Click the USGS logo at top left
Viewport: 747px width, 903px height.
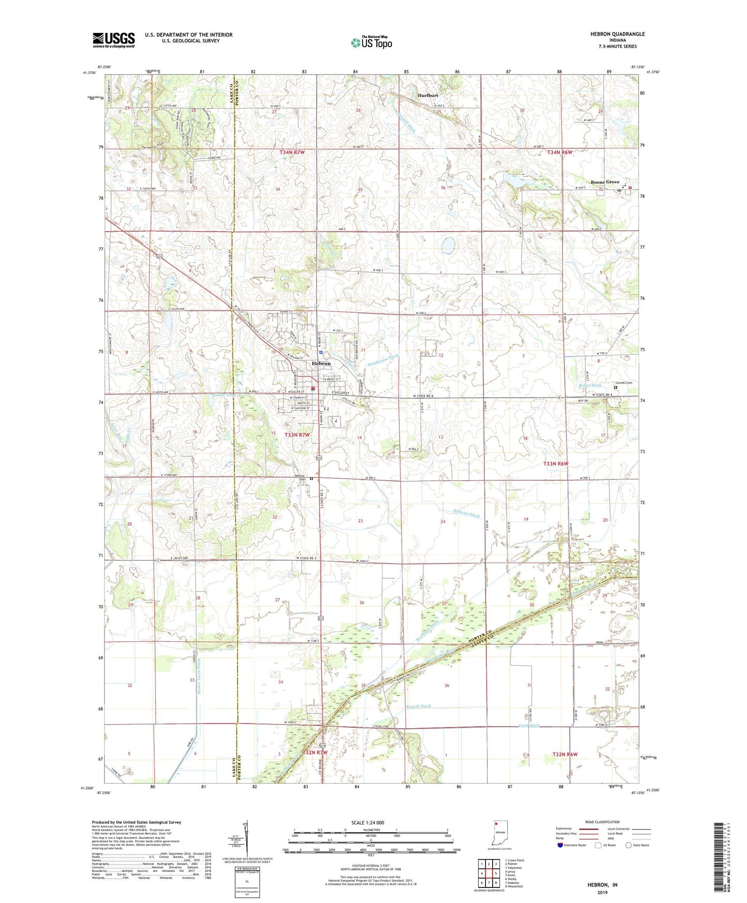click(x=114, y=40)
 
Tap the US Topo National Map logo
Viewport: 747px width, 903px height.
click(x=371, y=42)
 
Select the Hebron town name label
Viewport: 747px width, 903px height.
click(x=321, y=364)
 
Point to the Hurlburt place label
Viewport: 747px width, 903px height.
click(x=428, y=96)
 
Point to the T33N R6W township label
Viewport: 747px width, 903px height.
click(x=556, y=464)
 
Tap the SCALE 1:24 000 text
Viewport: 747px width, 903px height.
click(x=368, y=822)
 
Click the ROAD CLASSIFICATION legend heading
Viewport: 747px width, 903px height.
click(x=602, y=822)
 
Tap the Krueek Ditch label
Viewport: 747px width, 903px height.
click(x=418, y=706)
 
